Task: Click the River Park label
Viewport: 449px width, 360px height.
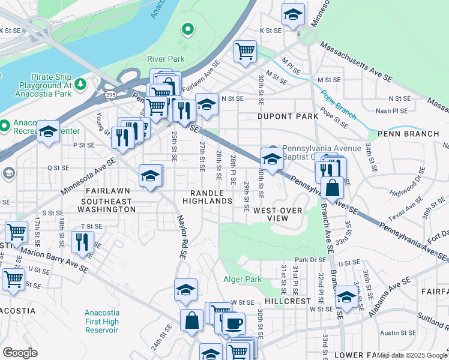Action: pos(166,59)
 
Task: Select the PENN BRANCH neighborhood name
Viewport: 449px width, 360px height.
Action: pos(408,133)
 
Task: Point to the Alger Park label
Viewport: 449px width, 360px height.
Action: pos(243,279)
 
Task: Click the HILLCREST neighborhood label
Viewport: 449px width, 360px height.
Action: pos(288,301)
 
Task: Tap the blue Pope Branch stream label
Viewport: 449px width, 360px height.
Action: pos(339,102)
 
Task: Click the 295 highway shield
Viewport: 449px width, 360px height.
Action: pos(110,94)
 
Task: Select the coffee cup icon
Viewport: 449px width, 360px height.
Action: pos(234,323)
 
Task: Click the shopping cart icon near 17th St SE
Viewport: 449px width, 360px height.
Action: pos(16,231)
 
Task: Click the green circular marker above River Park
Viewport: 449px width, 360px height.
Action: pos(188,28)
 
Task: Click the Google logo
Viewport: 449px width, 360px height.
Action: pos(20,353)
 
